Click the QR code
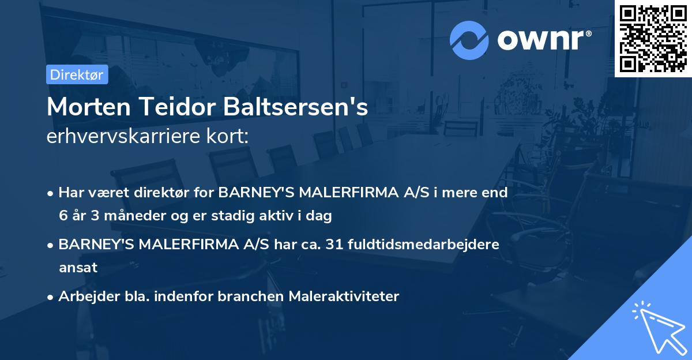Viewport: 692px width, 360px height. click(653, 38)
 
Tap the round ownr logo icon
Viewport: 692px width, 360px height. click(469, 40)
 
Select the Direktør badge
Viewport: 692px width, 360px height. click(77, 74)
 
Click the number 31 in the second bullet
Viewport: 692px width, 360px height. click(333, 244)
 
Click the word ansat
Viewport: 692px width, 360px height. click(78, 267)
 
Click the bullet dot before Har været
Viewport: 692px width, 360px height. click(51, 193)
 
